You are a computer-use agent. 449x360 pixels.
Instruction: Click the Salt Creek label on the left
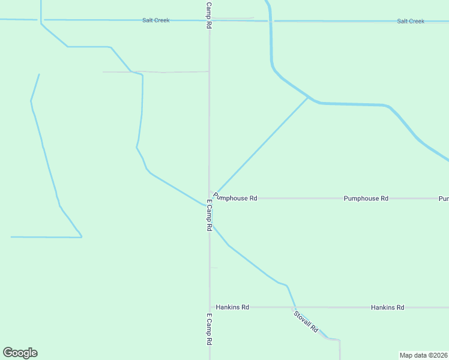pos(155,20)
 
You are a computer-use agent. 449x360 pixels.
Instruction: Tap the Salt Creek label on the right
pos(411,21)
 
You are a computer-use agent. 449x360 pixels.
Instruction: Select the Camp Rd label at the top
pos(208,15)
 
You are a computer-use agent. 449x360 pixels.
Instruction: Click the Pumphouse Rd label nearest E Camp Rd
pos(235,197)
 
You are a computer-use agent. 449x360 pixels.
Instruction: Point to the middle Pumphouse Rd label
pos(366,198)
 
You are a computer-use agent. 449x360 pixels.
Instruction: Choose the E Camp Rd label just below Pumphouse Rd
pos(209,216)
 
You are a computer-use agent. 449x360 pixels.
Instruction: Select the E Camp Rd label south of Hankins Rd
pos(209,329)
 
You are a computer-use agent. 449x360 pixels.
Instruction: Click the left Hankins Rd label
pos(232,307)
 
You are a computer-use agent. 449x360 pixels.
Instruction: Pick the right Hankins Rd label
pos(387,307)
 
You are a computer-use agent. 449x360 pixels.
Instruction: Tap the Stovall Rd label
pos(306,322)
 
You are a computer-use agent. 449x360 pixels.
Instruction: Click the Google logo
pos(20,353)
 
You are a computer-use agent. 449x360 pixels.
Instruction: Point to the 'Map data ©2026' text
pos(423,355)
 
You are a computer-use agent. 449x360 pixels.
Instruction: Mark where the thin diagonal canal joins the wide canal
pos(309,97)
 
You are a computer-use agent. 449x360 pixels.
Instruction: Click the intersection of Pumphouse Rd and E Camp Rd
pos(209,198)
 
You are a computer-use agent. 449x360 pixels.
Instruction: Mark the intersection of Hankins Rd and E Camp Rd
pos(209,307)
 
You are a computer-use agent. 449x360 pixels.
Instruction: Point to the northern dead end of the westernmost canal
pos(39,74)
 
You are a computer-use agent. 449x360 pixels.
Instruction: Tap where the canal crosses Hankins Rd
pos(294,307)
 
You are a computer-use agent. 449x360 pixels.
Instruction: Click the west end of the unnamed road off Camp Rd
pos(103,72)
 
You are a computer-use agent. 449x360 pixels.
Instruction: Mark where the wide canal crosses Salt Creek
pos(271,21)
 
